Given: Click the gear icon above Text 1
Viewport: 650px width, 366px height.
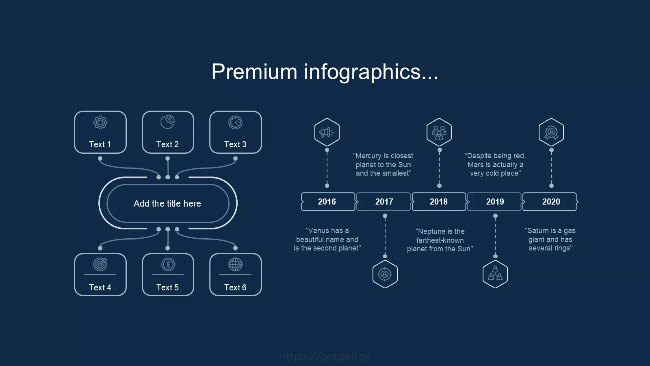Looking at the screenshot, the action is (x=100, y=122).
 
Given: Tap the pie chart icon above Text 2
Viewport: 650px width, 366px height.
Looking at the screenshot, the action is (x=168, y=122).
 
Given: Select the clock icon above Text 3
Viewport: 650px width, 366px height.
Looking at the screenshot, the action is (x=235, y=122).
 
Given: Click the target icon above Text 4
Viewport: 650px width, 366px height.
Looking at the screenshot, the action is (x=100, y=264).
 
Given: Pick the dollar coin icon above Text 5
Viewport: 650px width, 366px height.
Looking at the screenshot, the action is (x=168, y=265).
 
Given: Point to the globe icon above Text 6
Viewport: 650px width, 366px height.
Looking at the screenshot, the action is (x=235, y=265).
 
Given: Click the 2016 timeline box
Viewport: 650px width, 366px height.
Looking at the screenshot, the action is (x=328, y=202).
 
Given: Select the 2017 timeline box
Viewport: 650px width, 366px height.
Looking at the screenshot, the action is (x=383, y=202).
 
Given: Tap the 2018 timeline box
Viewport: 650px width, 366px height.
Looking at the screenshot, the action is (x=439, y=202).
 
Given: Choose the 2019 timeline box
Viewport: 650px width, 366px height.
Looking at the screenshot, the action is (x=494, y=202).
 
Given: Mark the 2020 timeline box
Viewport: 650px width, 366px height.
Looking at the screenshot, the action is (x=550, y=202).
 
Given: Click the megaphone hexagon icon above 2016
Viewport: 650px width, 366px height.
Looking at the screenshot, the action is (x=327, y=132).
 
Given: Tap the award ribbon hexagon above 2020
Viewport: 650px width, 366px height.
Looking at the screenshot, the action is (x=551, y=132).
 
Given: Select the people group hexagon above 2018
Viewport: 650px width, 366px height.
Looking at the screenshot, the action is (x=439, y=132).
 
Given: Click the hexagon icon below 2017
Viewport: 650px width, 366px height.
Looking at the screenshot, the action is (x=385, y=274).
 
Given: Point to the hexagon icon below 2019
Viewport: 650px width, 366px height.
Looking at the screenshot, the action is (x=495, y=274).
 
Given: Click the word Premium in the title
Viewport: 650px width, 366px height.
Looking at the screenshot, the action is (x=254, y=72).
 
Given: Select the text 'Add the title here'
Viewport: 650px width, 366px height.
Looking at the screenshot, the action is (x=167, y=203).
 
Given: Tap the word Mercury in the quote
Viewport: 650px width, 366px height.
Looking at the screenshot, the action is (x=368, y=156).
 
